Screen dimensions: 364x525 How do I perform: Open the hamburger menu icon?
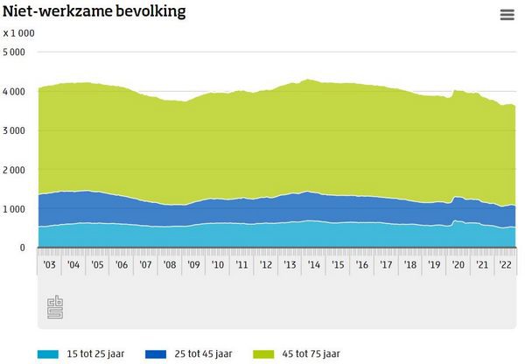pyautogui.click(x=507, y=14)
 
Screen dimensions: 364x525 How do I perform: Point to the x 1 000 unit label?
pyautogui.click(x=18, y=32)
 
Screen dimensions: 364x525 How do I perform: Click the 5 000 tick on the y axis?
pyautogui.click(x=14, y=52)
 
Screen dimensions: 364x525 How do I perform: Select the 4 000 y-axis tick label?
pyautogui.click(x=14, y=92)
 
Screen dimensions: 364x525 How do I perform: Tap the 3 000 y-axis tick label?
pyautogui.click(x=14, y=131)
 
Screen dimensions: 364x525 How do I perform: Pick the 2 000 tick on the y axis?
pyautogui.click(x=14, y=170)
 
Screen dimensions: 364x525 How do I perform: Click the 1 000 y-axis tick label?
pyautogui.click(x=14, y=209)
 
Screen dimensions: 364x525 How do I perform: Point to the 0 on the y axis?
pyautogui.click(x=22, y=248)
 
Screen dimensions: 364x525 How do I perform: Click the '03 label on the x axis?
pyautogui.click(x=50, y=264)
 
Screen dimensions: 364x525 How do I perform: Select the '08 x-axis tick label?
pyautogui.click(x=170, y=264)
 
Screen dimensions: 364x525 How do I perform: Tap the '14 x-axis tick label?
pyautogui.click(x=312, y=264)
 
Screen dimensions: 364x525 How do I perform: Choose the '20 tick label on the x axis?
pyautogui.click(x=456, y=264)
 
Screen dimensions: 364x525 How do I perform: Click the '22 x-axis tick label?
pyautogui.click(x=504, y=264)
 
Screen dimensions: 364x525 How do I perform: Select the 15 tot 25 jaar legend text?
pyautogui.click(x=99, y=353)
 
